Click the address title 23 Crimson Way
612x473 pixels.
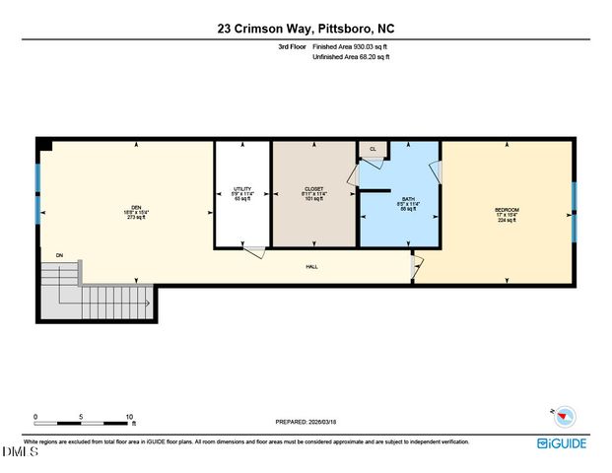tap(306, 30)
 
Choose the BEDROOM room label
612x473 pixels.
tap(507, 210)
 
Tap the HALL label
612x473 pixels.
tap(311, 266)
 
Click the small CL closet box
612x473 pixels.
tap(373, 149)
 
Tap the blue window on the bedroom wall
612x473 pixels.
tap(574, 211)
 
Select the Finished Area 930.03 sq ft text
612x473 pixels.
tap(351, 46)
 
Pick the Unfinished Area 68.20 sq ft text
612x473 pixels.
tap(351, 57)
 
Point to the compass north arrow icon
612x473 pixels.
tap(551, 415)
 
